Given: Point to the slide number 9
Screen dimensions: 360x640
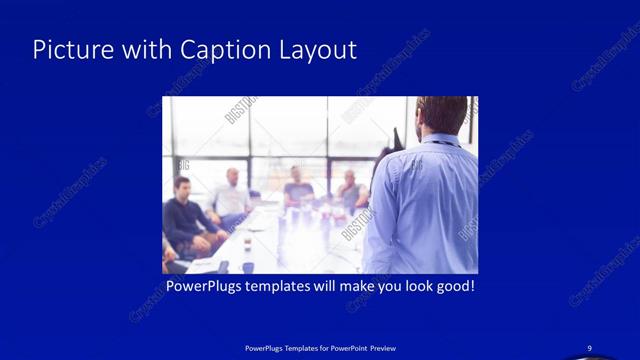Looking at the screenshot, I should click(590, 347).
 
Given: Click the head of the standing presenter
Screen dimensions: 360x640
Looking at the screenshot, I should click(441, 113).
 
